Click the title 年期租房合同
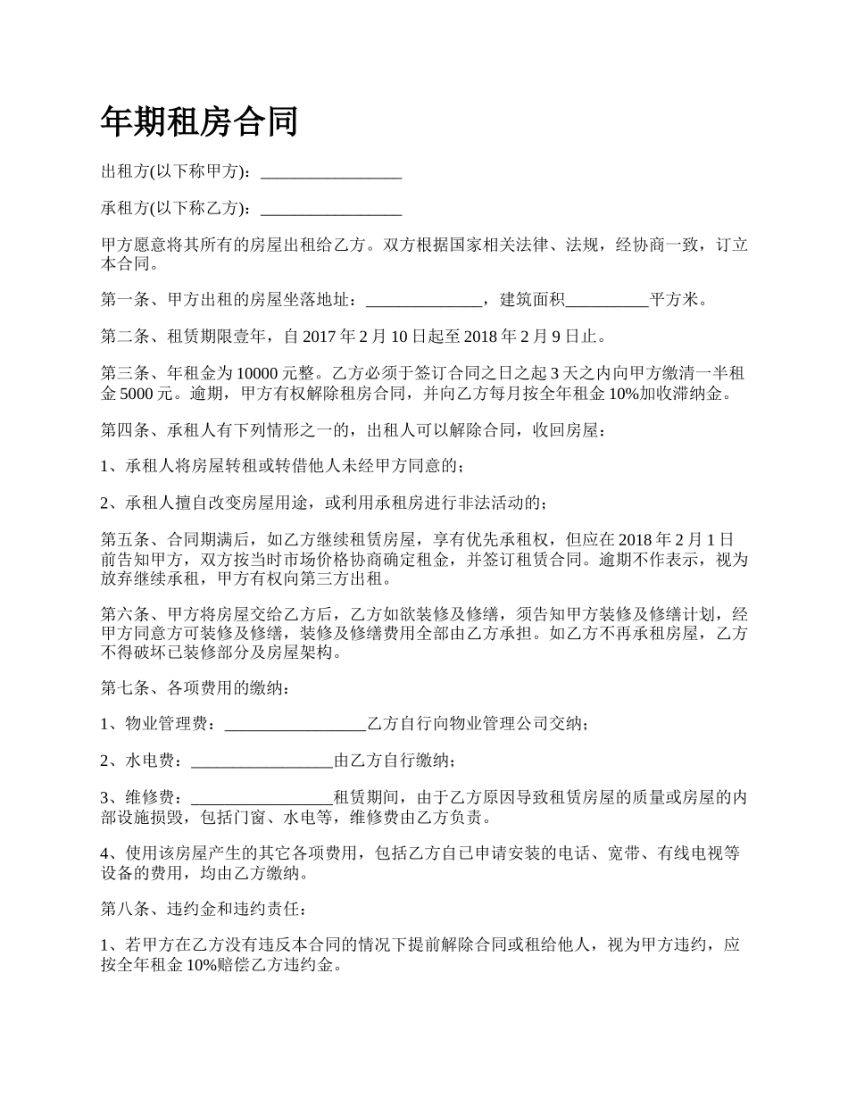point(198,121)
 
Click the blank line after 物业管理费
point(295,724)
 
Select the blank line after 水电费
point(262,761)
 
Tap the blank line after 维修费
point(262,798)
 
